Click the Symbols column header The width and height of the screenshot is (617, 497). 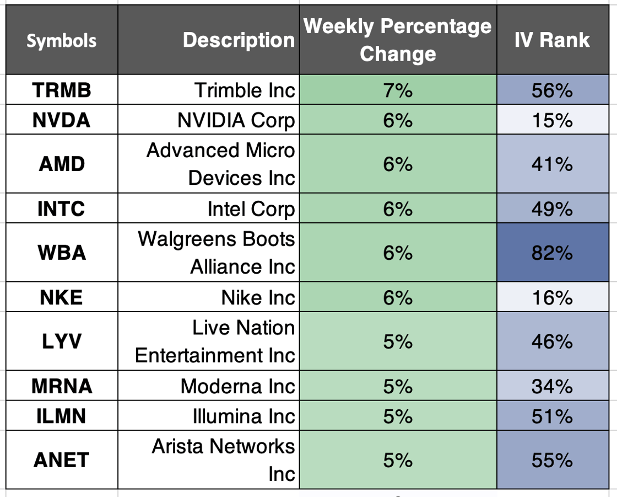pos(62,40)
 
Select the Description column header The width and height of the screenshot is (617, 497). pos(239,40)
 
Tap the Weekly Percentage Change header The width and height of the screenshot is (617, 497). pos(398,40)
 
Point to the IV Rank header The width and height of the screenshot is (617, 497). pos(552,40)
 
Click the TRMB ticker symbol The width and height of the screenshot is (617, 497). pos(62,90)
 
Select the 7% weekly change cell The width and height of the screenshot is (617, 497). pos(398,90)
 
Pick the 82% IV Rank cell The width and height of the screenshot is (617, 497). pos(552,253)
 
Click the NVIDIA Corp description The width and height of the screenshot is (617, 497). pos(236,120)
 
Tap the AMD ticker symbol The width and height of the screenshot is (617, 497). pos(62,164)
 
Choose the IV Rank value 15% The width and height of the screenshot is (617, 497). pos(552,120)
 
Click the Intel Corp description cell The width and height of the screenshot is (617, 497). pos(251,209)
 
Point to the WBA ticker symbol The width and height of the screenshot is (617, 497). pos(62,253)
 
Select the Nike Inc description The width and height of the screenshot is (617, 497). pos(258,298)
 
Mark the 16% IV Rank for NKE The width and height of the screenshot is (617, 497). pos(552,298)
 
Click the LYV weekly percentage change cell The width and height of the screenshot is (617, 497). pos(398,342)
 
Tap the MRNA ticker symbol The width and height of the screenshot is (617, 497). pos(62,386)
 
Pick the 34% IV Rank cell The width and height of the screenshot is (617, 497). pos(552,386)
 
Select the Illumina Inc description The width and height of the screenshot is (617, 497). pos(243,416)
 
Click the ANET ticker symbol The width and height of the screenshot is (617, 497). pos(62,460)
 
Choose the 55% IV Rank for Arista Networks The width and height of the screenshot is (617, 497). pos(552,460)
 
